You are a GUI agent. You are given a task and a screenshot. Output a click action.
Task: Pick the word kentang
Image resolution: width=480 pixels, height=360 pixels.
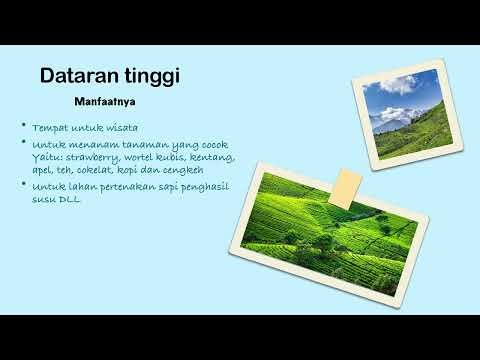point(213,157)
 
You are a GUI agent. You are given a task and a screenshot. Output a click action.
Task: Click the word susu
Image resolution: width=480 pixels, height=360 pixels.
point(45,199)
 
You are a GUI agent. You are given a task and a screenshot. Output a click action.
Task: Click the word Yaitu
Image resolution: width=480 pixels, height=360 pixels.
point(46,157)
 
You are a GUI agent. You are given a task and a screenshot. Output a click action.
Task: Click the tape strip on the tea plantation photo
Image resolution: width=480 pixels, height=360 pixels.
point(348,183)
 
